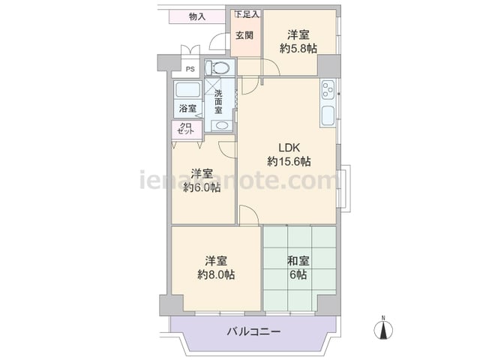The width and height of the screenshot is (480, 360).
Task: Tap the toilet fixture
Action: [x=217, y=67]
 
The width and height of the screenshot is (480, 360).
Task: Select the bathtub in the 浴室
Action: [x=187, y=90]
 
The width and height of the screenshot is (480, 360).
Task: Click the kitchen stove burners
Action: [x=328, y=89]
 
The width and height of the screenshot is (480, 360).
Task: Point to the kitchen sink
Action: [x=328, y=116]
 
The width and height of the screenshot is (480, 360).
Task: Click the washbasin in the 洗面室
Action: [x=222, y=125]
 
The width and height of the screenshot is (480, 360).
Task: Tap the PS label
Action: [x=190, y=70]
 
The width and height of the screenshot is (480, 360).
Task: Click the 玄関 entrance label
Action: [x=244, y=35]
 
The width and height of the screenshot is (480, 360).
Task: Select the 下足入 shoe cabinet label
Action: [x=247, y=14]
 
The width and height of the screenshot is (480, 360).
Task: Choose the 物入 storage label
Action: [x=197, y=16]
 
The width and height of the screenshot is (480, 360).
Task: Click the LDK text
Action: [x=289, y=148]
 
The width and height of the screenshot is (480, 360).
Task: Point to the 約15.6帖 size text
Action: [x=289, y=161]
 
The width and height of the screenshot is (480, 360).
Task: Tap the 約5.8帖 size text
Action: [x=298, y=49]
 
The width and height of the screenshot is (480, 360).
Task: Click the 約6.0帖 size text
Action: [x=202, y=187]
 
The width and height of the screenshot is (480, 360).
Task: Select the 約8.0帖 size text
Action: [x=216, y=275]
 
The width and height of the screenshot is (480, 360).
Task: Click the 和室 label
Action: [x=298, y=262]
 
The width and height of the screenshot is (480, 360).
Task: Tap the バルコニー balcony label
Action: [x=253, y=331]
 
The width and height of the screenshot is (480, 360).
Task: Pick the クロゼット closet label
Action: [x=186, y=128]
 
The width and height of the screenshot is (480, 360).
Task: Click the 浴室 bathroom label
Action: [x=187, y=108]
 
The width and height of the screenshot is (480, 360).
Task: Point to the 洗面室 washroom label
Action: [x=218, y=102]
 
